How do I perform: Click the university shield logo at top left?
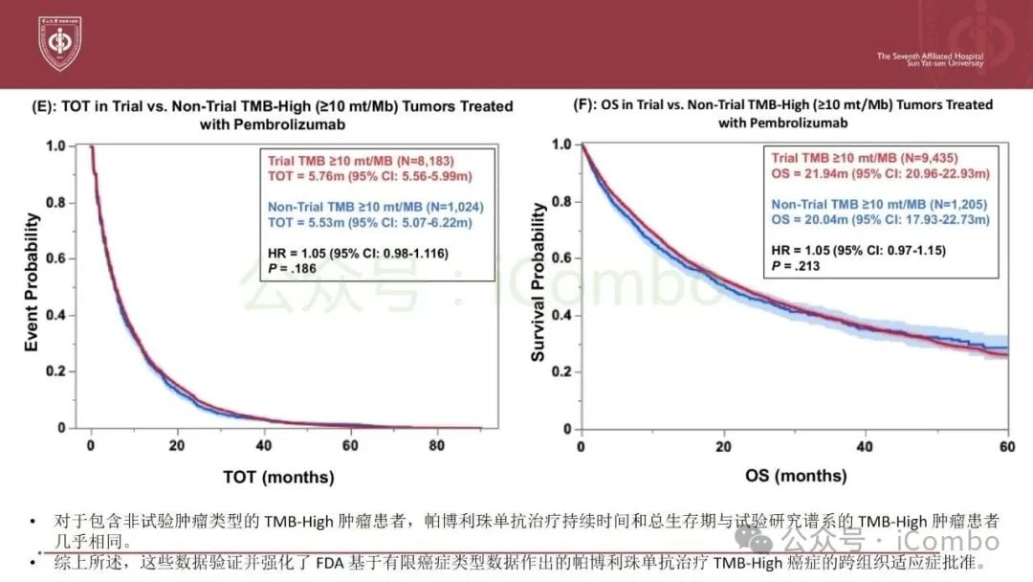pos(59,42)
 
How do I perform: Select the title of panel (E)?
pos(287,115)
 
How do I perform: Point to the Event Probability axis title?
pos(32,283)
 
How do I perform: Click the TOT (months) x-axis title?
pos(278,476)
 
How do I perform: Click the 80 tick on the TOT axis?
pos(436,445)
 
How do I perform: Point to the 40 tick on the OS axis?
pos(866,445)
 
